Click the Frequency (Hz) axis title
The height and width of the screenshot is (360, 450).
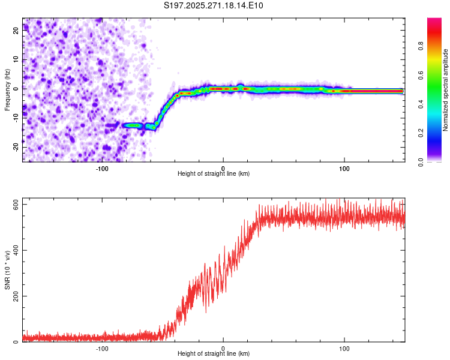click(x=7, y=90)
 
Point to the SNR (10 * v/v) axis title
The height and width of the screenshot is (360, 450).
click(x=7, y=270)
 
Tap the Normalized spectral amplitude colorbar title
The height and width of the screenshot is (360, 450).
click(x=445, y=90)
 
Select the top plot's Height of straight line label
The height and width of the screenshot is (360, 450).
click(x=214, y=173)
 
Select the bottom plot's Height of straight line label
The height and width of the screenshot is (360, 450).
click(x=214, y=353)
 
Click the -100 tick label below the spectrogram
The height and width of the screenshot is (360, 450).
click(x=102, y=167)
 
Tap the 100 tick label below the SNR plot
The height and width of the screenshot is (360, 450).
click(x=344, y=347)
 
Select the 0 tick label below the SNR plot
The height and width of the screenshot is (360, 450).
click(x=223, y=347)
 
